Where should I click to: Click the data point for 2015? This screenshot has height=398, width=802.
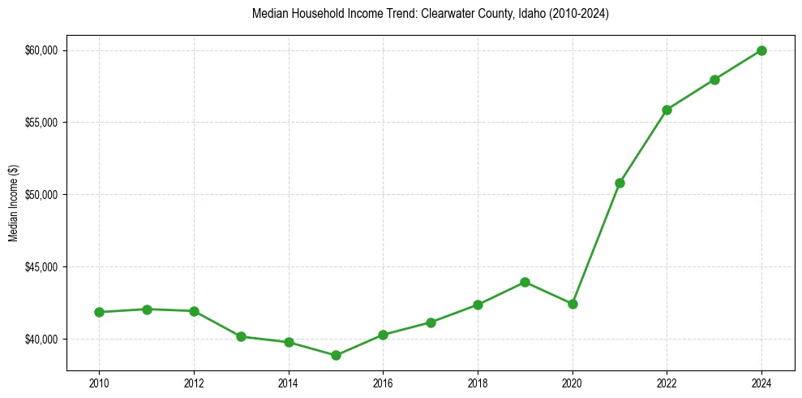pos(336,355)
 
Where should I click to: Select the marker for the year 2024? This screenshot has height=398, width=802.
pos(761,50)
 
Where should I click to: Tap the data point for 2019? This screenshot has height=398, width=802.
pos(525,282)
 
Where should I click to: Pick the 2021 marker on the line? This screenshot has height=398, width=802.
pos(620,183)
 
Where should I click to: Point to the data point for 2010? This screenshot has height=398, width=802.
pos(99,312)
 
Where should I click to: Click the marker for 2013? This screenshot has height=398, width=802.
pos(241,336)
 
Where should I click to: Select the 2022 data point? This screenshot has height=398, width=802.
pos(667,110)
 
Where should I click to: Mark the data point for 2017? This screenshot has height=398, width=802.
pos(431,322)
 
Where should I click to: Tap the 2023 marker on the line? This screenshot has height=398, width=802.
pos(714,80)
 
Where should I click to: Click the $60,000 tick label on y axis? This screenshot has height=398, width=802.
pos(42,50)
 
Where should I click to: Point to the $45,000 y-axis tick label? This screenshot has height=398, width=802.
pos(42,267)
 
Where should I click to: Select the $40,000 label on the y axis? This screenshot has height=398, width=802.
pos(42,339)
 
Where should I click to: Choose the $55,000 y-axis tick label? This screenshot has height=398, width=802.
pos(42,123)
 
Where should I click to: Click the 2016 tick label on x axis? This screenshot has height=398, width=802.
pos(383,383)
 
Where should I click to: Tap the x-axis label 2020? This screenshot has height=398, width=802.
pos(573,383)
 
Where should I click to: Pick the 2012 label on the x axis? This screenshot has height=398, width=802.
pos(194,383)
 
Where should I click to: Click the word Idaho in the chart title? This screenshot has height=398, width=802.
pos(534,15)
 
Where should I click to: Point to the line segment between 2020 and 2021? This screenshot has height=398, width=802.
pos(596,244)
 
